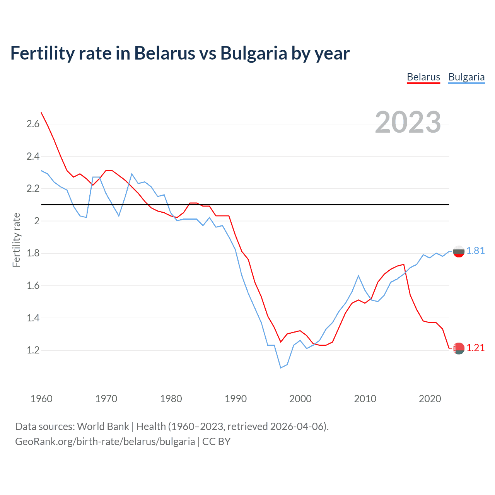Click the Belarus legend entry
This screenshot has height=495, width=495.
tap(423, 77)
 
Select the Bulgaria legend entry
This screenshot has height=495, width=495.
tap(466, 77)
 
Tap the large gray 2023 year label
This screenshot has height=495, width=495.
tap(408, 122)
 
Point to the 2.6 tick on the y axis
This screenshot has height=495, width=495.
tap(33, 124)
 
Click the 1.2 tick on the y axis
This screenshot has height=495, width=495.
tap(33, 350)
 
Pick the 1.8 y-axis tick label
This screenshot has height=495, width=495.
tap(33, 253)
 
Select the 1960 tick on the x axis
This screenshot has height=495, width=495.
tap(41, 399)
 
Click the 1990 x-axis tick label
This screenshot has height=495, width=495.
tap(236, 399)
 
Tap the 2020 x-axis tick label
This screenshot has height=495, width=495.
tap(430, 399)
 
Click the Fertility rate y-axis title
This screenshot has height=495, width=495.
tap(16, 240)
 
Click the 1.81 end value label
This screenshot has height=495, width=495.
tap(475, 251)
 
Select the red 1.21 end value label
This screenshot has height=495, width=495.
tap(475, 348)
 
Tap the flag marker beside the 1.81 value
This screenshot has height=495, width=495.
tap(459, 251)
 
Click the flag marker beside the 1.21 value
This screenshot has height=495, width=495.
tap(459, 348)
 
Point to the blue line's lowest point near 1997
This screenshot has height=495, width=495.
tap(281, 368)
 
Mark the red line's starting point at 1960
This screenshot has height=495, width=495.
tap(41, 113)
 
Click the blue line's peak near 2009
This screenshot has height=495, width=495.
tap(358, 276)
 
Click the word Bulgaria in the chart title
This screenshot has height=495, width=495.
tap(254, 53)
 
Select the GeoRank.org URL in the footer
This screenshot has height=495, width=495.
tap(105, 442)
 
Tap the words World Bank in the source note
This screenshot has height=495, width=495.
tap(103, 427)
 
